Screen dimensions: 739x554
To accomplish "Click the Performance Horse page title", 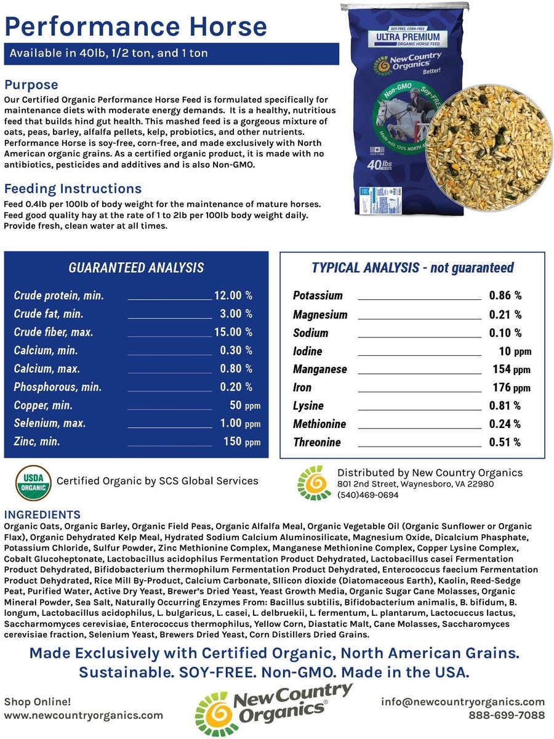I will pyautogui.click(x=136, y=26).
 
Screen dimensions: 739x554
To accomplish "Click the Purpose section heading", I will pyautogui.click(x=31, y=84).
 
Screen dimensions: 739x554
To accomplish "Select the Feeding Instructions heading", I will pyautogui.click(x=73, y=188).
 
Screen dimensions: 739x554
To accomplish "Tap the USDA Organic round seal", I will pyautogui.click(x=33, y=482).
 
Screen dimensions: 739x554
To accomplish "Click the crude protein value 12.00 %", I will pyautogui.click(x=233, y=296).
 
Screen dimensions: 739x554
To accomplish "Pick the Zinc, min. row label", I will pyautogui.click(x=37, y=442).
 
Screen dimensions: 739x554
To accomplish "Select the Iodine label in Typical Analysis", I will pyautogui.click(x=307, y=351).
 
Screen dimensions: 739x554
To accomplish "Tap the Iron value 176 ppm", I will pyautogui.click(x=511, y=387).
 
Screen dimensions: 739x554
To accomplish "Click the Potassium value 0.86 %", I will pyautogui.click(x=505, y=296).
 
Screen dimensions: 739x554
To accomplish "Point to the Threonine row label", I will pyautogui.click(x=316, y=442).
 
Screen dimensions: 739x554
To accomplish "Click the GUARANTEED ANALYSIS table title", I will pyautogui.click(x=136, y=267).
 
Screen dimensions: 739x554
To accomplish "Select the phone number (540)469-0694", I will pyautogui.click(x=367, y=495).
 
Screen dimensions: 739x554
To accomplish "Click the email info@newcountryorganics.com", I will pyautogui.click(x=463, y=701).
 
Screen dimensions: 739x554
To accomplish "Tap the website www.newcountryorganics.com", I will pyautogui.click(x=84, y=715).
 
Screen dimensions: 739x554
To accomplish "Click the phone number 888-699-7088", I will pyautogui.click(x=507, y=715).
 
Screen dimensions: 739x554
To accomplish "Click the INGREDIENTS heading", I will pyautogui.click(x=42, y=515).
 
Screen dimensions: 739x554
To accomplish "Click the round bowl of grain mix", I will pyautogui.click(x=489, y=148).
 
